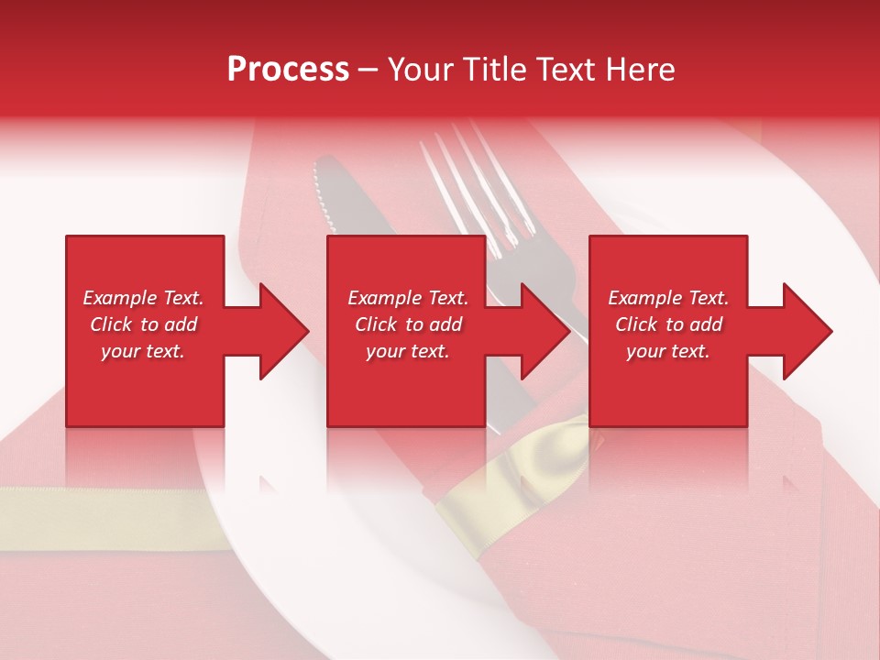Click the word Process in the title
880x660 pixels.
(288, 70)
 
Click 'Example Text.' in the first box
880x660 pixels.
(143, 298)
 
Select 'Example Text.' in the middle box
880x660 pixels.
(408, 298)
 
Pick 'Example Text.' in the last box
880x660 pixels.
(668, 298)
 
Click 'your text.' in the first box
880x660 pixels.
(143, 351)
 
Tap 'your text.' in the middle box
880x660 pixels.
(408, 351)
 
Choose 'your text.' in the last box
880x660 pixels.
(668, 351)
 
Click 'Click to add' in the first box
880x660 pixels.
(143, 324)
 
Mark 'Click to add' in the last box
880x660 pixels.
(668, 324)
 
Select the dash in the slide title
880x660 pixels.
(368, 70)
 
